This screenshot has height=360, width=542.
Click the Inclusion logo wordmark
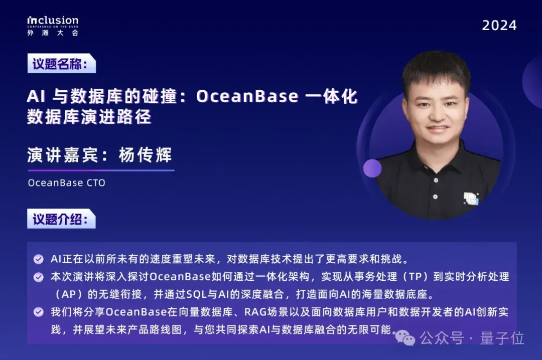pos(53,21)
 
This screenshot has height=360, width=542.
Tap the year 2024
pos(499,26)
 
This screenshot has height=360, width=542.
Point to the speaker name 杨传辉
pos(145,155)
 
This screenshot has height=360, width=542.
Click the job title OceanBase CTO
pos(67,183)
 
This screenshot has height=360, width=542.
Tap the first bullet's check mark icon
pos(38,260)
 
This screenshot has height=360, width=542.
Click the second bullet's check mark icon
pos(38,277)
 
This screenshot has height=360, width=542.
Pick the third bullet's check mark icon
pos(38,312)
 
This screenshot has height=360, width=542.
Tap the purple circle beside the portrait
pos(372,168)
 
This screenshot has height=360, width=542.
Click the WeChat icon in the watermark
pos(408,338)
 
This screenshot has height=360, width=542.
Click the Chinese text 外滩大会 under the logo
pos(53,33)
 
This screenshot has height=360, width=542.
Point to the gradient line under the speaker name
pos(100,170)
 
